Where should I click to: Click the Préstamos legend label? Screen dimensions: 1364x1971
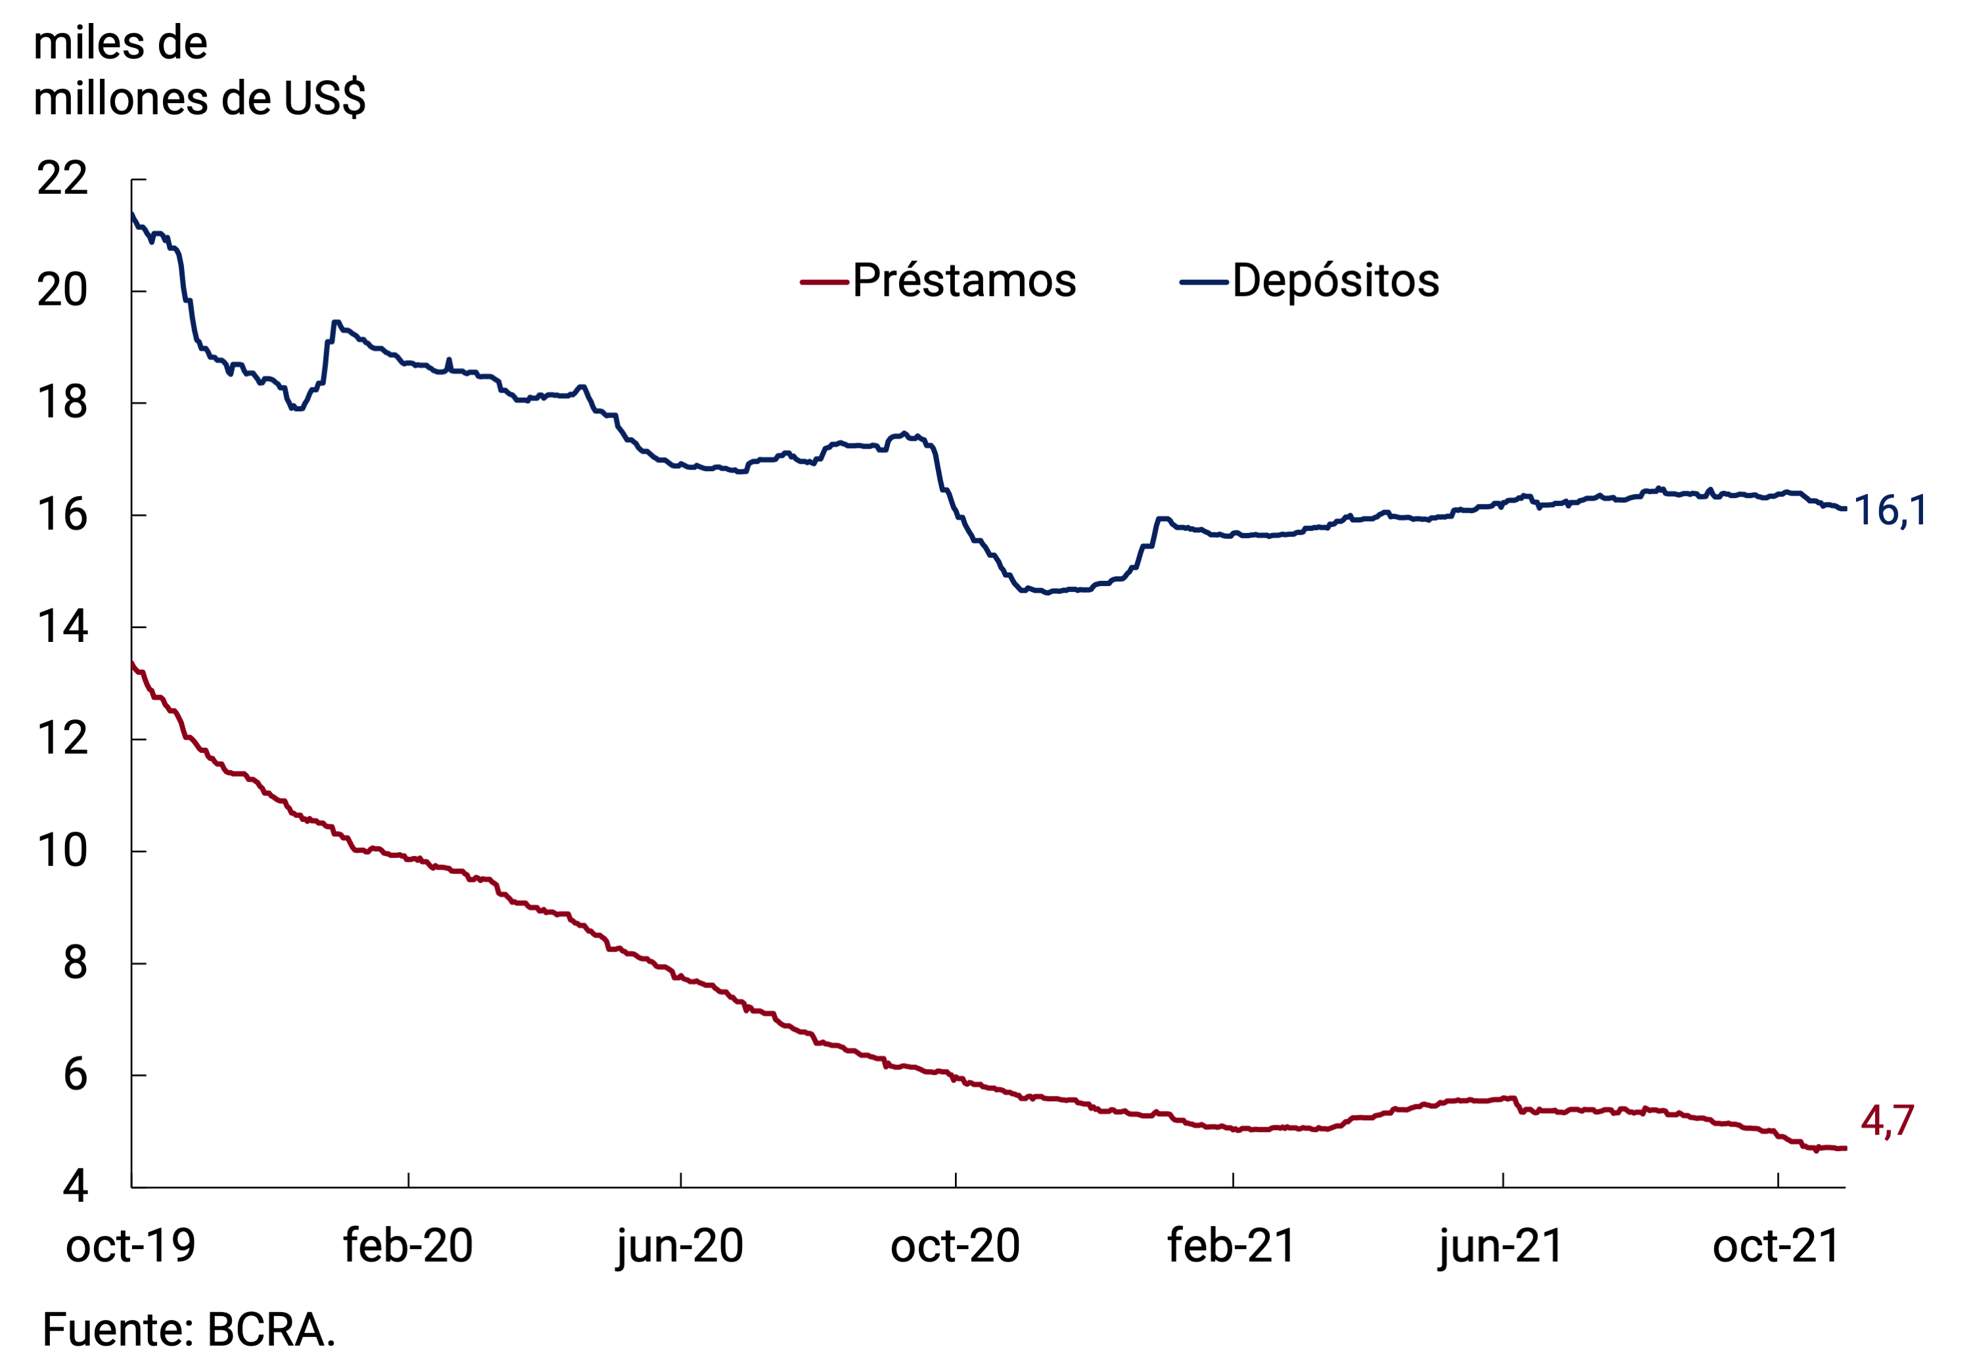coord(963,281)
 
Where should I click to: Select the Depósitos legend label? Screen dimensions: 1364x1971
coord(1335,281)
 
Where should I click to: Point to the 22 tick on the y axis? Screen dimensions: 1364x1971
coord(62,179)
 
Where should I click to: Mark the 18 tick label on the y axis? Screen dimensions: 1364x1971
coord(62,403)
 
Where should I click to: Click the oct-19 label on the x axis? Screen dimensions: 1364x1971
coord(131,1245)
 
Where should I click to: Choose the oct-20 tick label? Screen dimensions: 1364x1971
coord(955,1245)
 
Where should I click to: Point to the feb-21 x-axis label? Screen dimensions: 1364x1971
coord(1232,1245)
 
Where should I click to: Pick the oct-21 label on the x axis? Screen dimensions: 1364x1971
coord(1776,1245)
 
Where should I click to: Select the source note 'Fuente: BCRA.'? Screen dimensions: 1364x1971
coord(189,1330)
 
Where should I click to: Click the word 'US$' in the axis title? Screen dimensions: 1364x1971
coord(325,99)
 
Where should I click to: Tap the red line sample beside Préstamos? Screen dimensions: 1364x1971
coord(824,282)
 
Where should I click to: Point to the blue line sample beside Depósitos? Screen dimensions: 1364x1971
coord(1203,282)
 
